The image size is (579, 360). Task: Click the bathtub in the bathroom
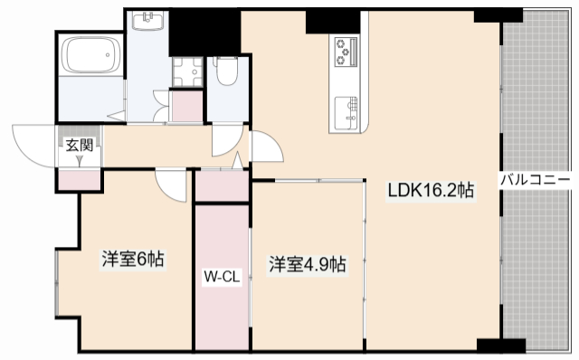[89, 56]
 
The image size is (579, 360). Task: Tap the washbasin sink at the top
[147, 21]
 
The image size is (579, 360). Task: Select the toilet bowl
[224, 72]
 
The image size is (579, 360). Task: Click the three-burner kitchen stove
[346, 52]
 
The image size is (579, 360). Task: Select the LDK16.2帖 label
[431, 191]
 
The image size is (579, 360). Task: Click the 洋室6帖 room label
[132, 260]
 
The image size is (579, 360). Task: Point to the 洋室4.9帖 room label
[306, 264]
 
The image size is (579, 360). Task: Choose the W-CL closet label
[221, 277]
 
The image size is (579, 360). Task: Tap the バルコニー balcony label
[539, 179]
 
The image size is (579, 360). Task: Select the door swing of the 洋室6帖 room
[170, 186]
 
